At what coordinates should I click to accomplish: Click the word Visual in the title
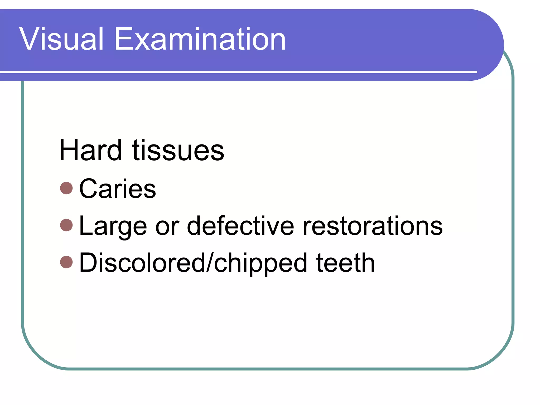tap(61, 39)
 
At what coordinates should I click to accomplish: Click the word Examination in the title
tap(200, 39)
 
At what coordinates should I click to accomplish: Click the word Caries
tap(117, 189)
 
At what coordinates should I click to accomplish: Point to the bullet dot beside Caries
tap(66, 188)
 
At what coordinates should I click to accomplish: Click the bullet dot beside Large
tap(66, 225)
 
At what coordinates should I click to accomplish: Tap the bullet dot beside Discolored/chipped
tap(66, 262)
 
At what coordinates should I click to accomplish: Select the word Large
tap(113, 226)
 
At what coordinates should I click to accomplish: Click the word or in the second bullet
tap(167, 226)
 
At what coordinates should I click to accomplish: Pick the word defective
tap(240, 226)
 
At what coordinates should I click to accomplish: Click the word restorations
tap(372, 226)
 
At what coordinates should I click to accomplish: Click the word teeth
tap(345, 263)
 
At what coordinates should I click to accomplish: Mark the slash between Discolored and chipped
tap(210, 263)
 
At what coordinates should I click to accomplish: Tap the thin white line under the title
tap(237, 72)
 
